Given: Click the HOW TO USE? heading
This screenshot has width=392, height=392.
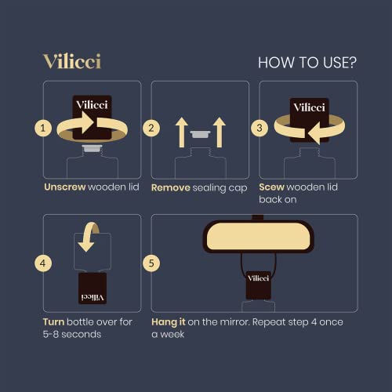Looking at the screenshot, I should tap(307, 62).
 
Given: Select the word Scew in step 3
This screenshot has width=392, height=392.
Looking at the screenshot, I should tap(274, 187).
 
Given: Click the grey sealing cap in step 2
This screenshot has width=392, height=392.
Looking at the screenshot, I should tap(199, 134).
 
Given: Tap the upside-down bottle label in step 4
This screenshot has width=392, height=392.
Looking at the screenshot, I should tap(93, 288).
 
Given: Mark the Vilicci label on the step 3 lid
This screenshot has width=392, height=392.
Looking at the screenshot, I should tap(308, 107).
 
